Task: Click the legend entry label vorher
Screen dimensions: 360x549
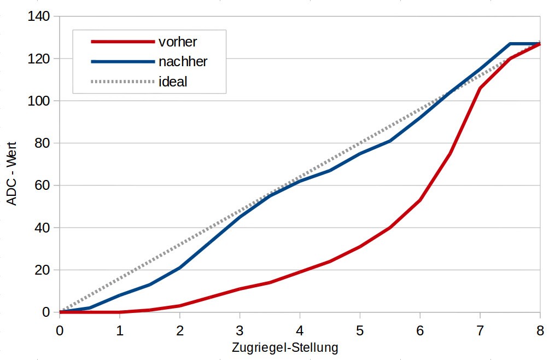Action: [x=177, y=42]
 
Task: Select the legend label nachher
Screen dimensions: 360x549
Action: [x=183, y=62]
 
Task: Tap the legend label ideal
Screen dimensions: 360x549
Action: [x=173, y=82]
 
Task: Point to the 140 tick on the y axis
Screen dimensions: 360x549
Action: [x=39, y=16]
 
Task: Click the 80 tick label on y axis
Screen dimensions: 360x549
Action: [x=42, y=143]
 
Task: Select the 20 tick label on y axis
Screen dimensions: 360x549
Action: [x=42, y=270]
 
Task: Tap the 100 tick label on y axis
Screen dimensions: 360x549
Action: [x=39, y=101]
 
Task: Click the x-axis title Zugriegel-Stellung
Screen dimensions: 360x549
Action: [x=285, y=347]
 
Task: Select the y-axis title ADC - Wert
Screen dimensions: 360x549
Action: [x=12, y=173]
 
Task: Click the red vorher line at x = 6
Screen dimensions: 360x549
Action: [x=419, y=200]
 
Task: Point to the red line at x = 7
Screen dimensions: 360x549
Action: [x=480, y=88]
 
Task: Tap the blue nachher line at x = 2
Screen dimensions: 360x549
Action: [x=180, y=268]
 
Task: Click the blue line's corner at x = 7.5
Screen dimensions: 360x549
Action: [x=510, y=44]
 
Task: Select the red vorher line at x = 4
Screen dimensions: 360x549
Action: [x=300, y=272]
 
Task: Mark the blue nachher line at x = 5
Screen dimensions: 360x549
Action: [x=360, y=154]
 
